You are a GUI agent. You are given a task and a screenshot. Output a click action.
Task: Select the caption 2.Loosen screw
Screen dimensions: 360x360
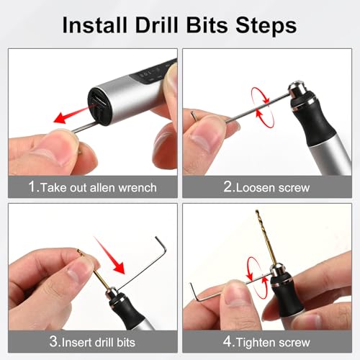click(266, 187)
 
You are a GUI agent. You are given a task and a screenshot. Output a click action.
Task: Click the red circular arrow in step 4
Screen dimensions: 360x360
click(253, 271)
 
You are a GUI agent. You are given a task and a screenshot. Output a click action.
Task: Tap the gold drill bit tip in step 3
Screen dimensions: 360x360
click(81, 254)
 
